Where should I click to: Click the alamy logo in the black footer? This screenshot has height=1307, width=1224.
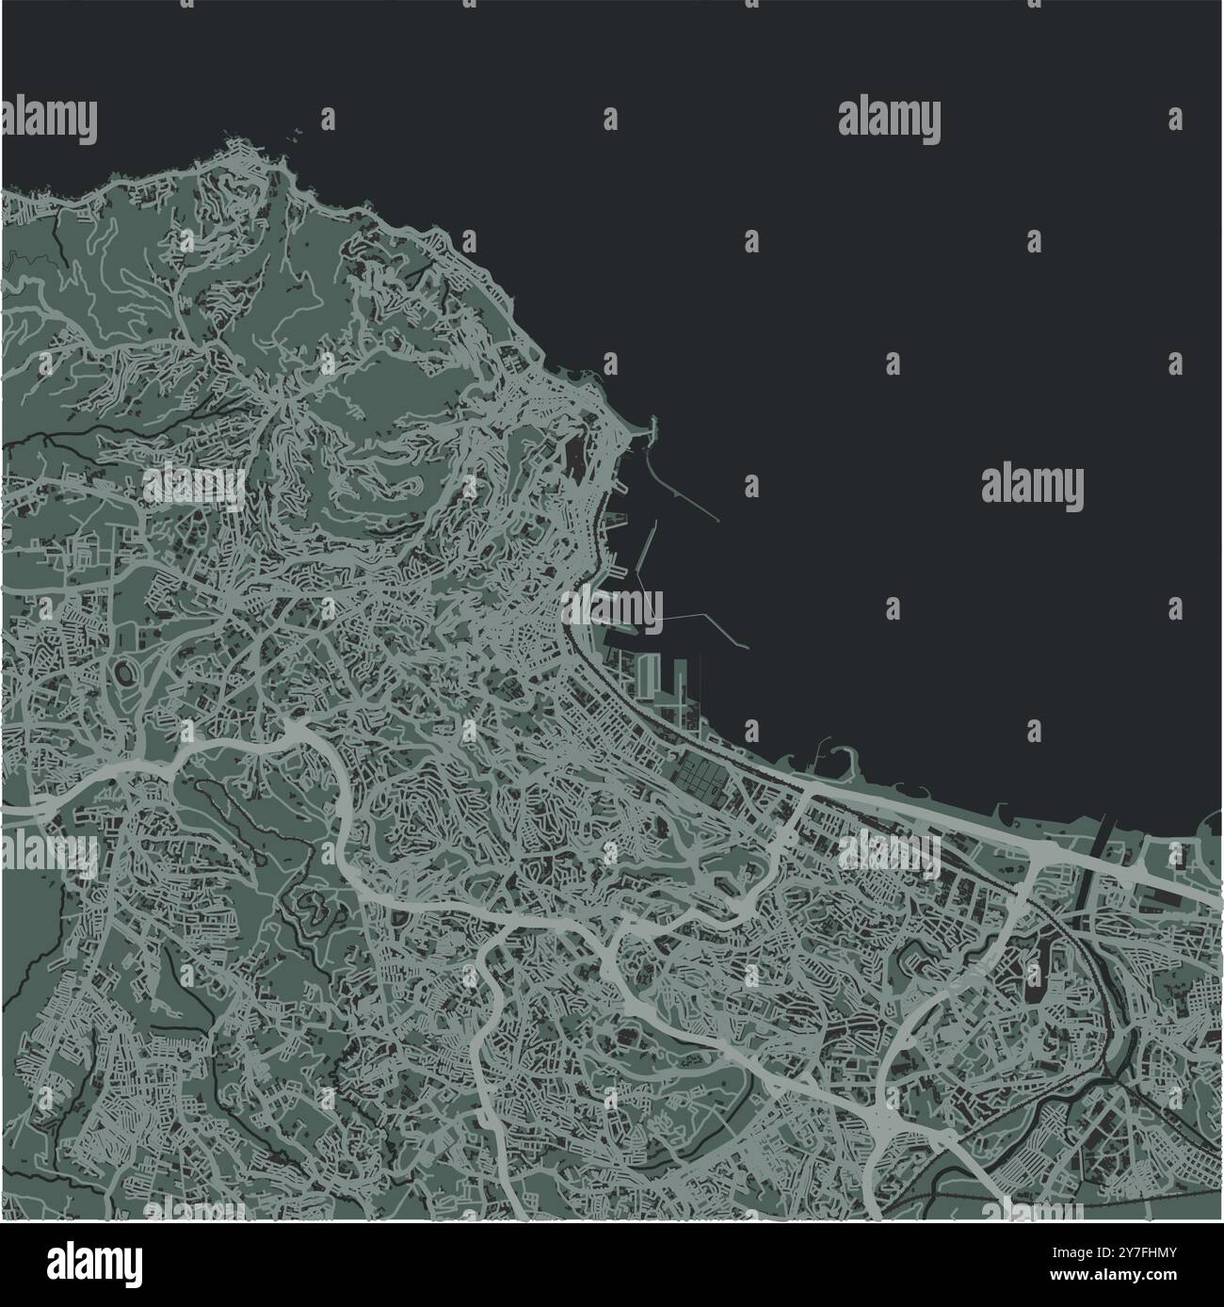pos(94,1261)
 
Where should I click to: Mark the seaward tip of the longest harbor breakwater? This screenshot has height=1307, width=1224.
pos(719,520)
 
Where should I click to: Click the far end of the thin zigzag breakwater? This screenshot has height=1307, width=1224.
pos(747,647)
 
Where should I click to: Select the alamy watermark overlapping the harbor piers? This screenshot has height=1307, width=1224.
pos(613,607)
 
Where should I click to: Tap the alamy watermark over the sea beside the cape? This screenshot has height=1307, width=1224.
pos(889,120)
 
